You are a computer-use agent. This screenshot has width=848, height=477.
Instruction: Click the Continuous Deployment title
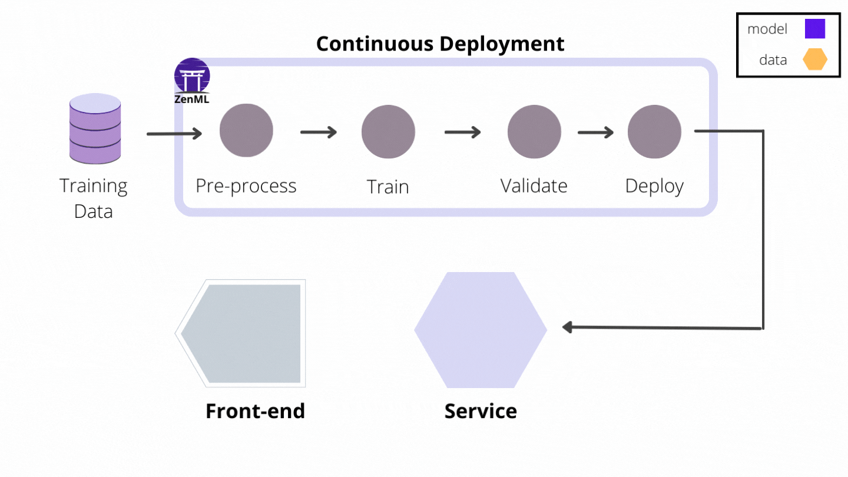[440, 44]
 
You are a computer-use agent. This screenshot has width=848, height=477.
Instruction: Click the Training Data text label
[94, 198]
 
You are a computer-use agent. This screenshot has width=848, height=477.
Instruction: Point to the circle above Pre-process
[246, 131]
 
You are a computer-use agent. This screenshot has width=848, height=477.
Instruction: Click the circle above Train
[388, 131]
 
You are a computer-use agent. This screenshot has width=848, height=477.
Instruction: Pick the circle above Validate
[534, 131]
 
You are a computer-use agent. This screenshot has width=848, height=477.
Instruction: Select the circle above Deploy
[654, 131]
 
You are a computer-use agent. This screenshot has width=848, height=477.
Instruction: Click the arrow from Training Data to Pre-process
[174, 134]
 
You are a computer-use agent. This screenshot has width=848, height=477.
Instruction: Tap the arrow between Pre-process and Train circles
[318, 132]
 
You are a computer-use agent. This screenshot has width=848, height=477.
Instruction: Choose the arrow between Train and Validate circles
[462, 132]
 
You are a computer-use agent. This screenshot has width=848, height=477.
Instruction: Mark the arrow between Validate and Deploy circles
[595, 132]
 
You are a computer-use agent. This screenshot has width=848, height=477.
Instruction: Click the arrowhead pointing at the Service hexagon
[568, 327]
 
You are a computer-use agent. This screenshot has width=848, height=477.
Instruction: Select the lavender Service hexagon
[481, 330]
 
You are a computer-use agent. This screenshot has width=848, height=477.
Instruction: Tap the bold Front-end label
[255, 411]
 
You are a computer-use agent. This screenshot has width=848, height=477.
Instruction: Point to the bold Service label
[481, 411]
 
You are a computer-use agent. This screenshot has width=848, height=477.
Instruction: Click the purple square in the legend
[815, 29]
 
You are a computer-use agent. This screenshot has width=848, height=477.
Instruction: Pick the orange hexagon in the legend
[816, 59]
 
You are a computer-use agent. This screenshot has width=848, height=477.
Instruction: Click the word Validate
[534, 186]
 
